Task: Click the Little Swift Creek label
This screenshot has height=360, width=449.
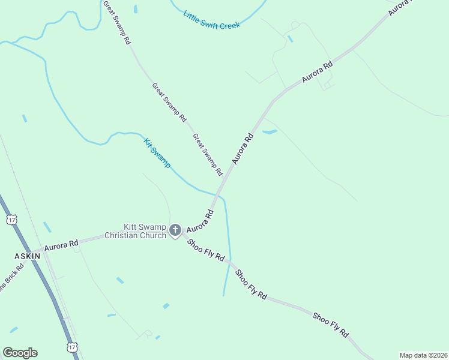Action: [212, 20]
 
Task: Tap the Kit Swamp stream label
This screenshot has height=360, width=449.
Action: [157, 153]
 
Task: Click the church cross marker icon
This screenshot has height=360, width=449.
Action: [175, 230]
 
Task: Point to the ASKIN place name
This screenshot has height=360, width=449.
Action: [27, 256]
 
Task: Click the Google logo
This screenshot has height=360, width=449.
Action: [20, 353]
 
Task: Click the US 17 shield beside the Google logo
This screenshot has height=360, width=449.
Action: [72, 348]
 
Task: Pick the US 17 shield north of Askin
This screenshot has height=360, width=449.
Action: [11, 220]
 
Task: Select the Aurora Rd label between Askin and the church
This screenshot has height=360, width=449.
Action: [61, 245]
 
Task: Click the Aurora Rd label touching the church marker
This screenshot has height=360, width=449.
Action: [200, 222]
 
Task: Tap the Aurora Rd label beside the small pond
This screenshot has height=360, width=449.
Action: [243, 149]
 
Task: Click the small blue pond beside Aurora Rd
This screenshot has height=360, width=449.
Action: [270, 131]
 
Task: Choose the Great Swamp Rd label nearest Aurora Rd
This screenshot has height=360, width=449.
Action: [208, 155]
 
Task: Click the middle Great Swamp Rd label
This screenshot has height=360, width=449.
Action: [169, 103]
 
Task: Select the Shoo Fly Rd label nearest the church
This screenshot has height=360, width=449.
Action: [206, 250]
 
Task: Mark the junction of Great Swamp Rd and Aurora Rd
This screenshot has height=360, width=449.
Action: [224, 179]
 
